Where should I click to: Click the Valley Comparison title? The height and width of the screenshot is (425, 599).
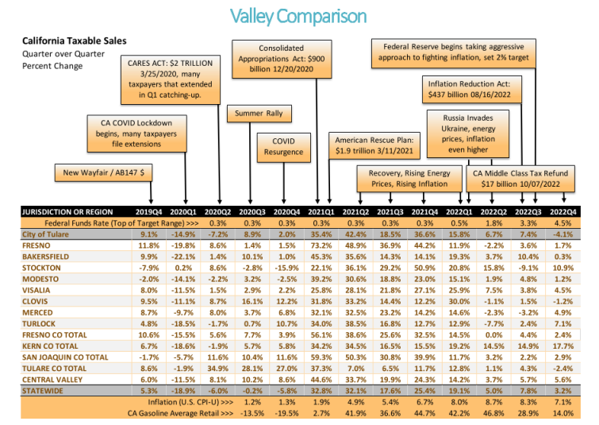[x=298, y=17]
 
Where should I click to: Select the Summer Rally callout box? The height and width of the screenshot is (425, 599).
[x=259, y=114]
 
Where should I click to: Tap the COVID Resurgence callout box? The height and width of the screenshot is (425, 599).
[x=283, y=147]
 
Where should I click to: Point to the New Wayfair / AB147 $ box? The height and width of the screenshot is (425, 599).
[x=103, y=172]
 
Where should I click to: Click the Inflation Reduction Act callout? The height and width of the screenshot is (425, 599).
[x=471, y=89]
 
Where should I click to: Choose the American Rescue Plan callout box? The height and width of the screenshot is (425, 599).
[x=374, y=145]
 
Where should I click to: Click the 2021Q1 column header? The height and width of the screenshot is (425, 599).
[x=321, y=212]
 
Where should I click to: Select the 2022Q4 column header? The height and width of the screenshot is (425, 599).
[x=563, y=212]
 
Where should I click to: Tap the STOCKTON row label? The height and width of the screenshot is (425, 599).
[x=41, y=268]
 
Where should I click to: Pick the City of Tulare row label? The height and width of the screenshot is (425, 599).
[x=45, y=234]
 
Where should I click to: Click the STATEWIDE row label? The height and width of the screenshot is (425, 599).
[x=43, y=391]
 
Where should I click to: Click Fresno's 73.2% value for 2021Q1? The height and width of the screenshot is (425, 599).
[x=321, y=245]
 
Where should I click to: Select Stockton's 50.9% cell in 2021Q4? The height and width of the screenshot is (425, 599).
[x=424, y=268]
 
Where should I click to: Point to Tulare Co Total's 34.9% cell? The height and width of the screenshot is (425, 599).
[x=217, y=369]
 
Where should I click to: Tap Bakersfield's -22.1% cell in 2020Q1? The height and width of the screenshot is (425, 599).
[x=183, y=257]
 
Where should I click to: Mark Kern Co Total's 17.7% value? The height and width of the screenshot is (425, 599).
[x=563, y=346]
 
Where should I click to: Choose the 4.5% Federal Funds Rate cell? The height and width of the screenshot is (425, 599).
[x=563, y=223]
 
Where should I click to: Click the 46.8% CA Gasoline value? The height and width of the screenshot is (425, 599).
[x=493, y=413]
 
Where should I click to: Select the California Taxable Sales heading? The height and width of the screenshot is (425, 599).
[x=74, y=41]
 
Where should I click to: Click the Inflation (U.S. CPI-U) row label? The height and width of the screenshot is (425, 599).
[x=190, y=402]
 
